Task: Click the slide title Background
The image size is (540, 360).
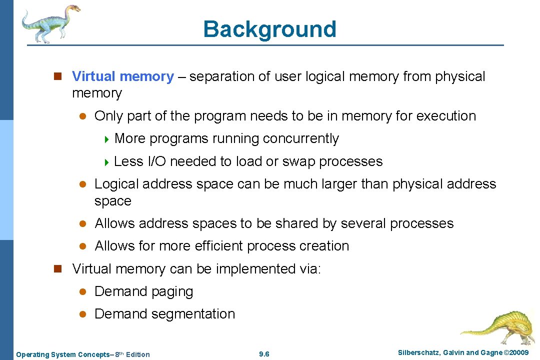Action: tap(269, 29)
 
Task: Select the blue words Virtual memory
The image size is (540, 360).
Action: tap(123, 76)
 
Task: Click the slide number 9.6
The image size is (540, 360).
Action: tap(264, 354)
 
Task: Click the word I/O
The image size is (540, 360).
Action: tap(156, 161)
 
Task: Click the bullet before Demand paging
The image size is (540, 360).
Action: tap(84, 291)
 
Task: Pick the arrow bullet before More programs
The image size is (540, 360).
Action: tap(106, 139)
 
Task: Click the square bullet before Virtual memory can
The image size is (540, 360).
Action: tap(57, 269)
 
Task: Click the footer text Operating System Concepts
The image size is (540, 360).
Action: tap(64, 354)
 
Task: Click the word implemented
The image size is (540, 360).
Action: tap(256, 269)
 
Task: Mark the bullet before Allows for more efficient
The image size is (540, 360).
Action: tap(84, 246)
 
